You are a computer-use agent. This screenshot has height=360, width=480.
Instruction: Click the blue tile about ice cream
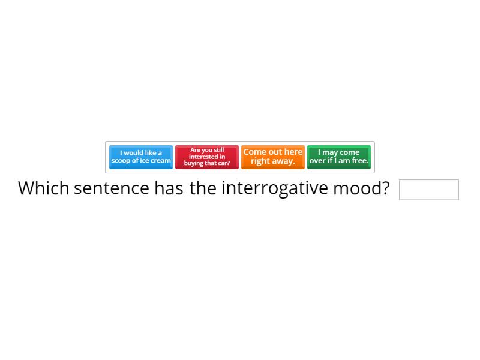(141, 157)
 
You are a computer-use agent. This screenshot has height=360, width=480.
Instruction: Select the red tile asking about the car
(207, 157)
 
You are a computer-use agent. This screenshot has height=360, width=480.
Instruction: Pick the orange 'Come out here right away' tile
(273, 157)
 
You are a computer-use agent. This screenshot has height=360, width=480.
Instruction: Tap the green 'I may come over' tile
(339, 157)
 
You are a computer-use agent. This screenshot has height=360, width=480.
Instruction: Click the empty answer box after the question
(428, 190)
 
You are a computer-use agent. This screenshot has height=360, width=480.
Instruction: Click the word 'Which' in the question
(44, 188)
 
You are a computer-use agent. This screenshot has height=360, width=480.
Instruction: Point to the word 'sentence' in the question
(112, 188)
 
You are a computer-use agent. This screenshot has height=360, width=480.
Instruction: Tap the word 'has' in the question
(169, 188)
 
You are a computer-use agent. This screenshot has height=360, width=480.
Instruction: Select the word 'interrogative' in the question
(275, 188)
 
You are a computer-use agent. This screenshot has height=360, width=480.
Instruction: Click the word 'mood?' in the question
(361, 188)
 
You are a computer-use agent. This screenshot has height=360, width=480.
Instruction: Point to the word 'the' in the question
(203, 188)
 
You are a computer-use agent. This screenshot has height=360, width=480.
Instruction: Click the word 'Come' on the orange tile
(254, 152)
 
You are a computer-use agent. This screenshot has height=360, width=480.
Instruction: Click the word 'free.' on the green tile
(359, 161)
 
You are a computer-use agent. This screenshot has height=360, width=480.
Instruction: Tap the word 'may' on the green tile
(331, 152)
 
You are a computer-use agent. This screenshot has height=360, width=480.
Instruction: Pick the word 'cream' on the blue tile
(160, 161)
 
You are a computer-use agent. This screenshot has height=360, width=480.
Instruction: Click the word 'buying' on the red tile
(194, 163)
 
